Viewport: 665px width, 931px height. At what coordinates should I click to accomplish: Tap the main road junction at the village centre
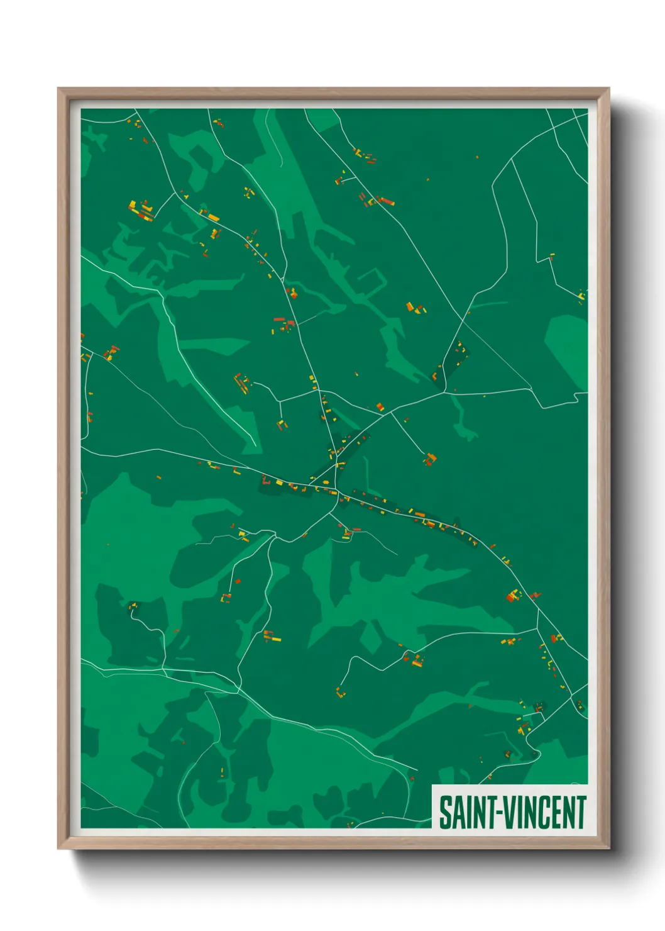[x=337, y=491]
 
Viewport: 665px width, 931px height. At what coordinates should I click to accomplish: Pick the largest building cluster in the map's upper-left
[x=142, y=211]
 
